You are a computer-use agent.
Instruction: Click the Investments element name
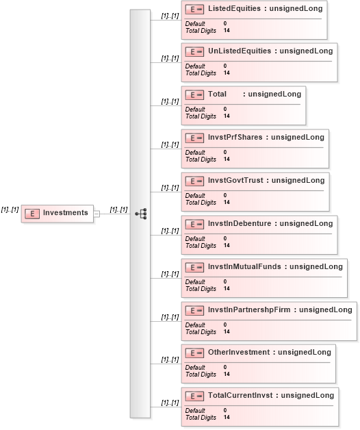66,212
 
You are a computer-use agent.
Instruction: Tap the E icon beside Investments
32,214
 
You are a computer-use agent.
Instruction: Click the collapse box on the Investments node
97,214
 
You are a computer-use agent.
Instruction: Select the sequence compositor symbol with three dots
141,214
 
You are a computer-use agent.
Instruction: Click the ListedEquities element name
235,8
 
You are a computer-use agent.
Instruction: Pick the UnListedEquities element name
240,51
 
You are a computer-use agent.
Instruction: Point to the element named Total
217,94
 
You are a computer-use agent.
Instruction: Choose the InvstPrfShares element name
235,137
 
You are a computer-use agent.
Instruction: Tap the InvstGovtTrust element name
235,180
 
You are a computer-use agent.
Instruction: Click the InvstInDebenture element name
240,223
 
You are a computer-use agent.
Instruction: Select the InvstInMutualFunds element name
244,266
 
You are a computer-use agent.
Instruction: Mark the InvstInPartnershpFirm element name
249,309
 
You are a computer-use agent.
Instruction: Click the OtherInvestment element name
239,352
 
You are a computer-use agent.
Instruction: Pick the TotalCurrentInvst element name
240,395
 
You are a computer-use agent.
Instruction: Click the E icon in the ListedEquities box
194,10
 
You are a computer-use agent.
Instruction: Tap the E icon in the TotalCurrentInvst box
194,396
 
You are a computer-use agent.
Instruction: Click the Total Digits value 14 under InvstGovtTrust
227,202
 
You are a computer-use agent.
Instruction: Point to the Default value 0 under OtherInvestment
225,367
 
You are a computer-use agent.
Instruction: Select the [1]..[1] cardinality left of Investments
10,210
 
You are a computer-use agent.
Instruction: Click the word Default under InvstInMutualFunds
195,281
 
